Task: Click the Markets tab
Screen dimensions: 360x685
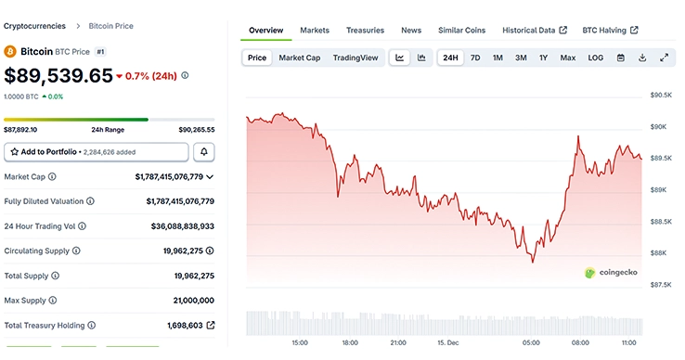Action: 315,31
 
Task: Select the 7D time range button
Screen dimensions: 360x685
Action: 475,58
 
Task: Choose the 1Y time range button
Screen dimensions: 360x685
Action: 543,58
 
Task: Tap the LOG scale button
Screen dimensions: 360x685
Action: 595,58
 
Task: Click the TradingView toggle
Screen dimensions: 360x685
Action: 355,58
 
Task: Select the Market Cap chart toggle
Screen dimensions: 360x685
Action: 300,58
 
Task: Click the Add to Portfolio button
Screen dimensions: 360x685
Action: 96,151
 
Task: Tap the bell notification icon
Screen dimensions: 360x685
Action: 204,151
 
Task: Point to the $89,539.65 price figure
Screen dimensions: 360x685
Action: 58,76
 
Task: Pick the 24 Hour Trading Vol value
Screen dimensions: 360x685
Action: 182,225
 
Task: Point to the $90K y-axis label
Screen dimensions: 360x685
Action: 660,126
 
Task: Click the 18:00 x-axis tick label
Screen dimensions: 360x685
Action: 350,342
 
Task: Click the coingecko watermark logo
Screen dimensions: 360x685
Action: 614,273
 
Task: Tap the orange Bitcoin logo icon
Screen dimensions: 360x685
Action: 10,52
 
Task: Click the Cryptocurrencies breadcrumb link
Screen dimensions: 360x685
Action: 34,26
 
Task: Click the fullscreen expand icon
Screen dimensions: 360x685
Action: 664,58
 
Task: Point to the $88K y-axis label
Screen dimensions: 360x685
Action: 660,252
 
